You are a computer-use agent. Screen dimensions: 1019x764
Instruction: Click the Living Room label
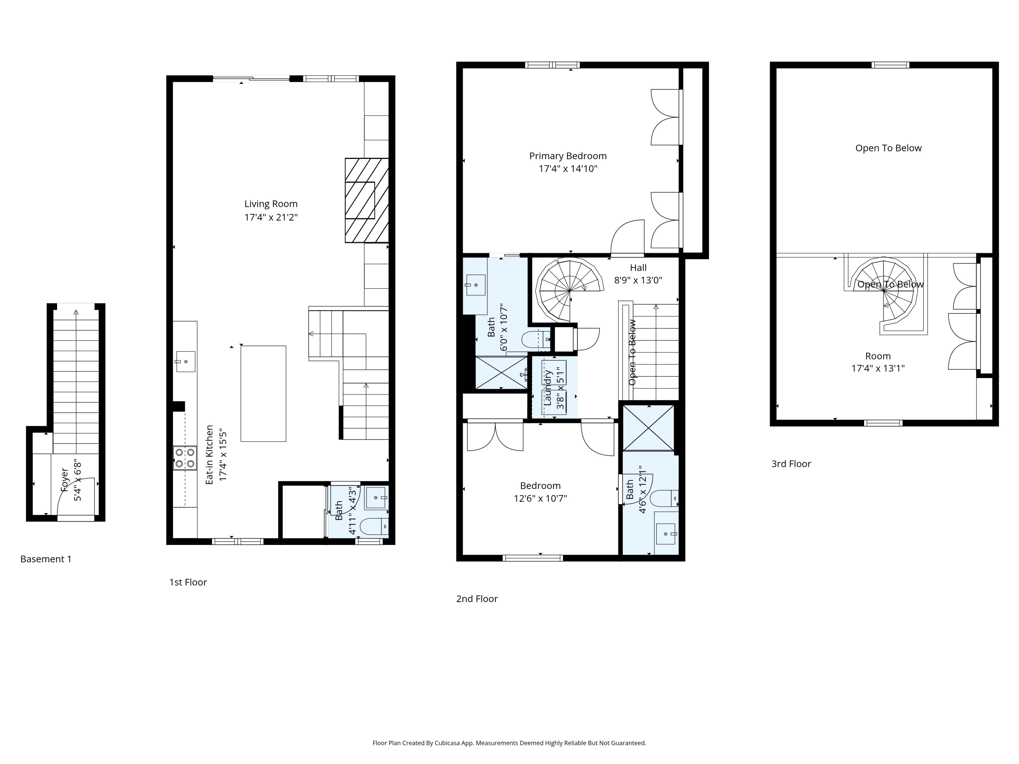pyautogui.click(x=271, y=204)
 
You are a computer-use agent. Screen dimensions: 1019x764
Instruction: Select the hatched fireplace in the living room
pyautogui.click(x=367, y=200)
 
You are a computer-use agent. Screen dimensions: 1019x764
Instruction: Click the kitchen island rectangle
pyautogui.click(x=263, y=394)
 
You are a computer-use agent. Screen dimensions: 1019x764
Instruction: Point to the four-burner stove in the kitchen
pyautogui.click(x=185, y=458)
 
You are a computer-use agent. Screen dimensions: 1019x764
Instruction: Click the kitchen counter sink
pyautogui.click(x=185, y=362)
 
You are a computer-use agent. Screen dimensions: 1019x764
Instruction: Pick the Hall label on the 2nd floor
pyautogui.click(x=638, y=268)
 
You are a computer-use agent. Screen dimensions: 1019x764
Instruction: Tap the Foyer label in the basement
pyautogui.click(x=65, y=480)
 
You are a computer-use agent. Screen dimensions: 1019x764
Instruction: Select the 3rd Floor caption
pyautogui.click(x=791, y=464)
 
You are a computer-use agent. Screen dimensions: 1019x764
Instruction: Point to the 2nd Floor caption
pyautogui.click(x=477, y=599)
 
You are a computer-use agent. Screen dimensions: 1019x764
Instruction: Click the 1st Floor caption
pyautogui.click(x=188, y=582)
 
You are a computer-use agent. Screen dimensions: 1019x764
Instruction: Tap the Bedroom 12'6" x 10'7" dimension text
pyautogui.click(x=540, y=498)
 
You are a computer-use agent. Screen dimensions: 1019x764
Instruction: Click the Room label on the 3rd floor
pyautogui.click(x=878, y=356)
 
